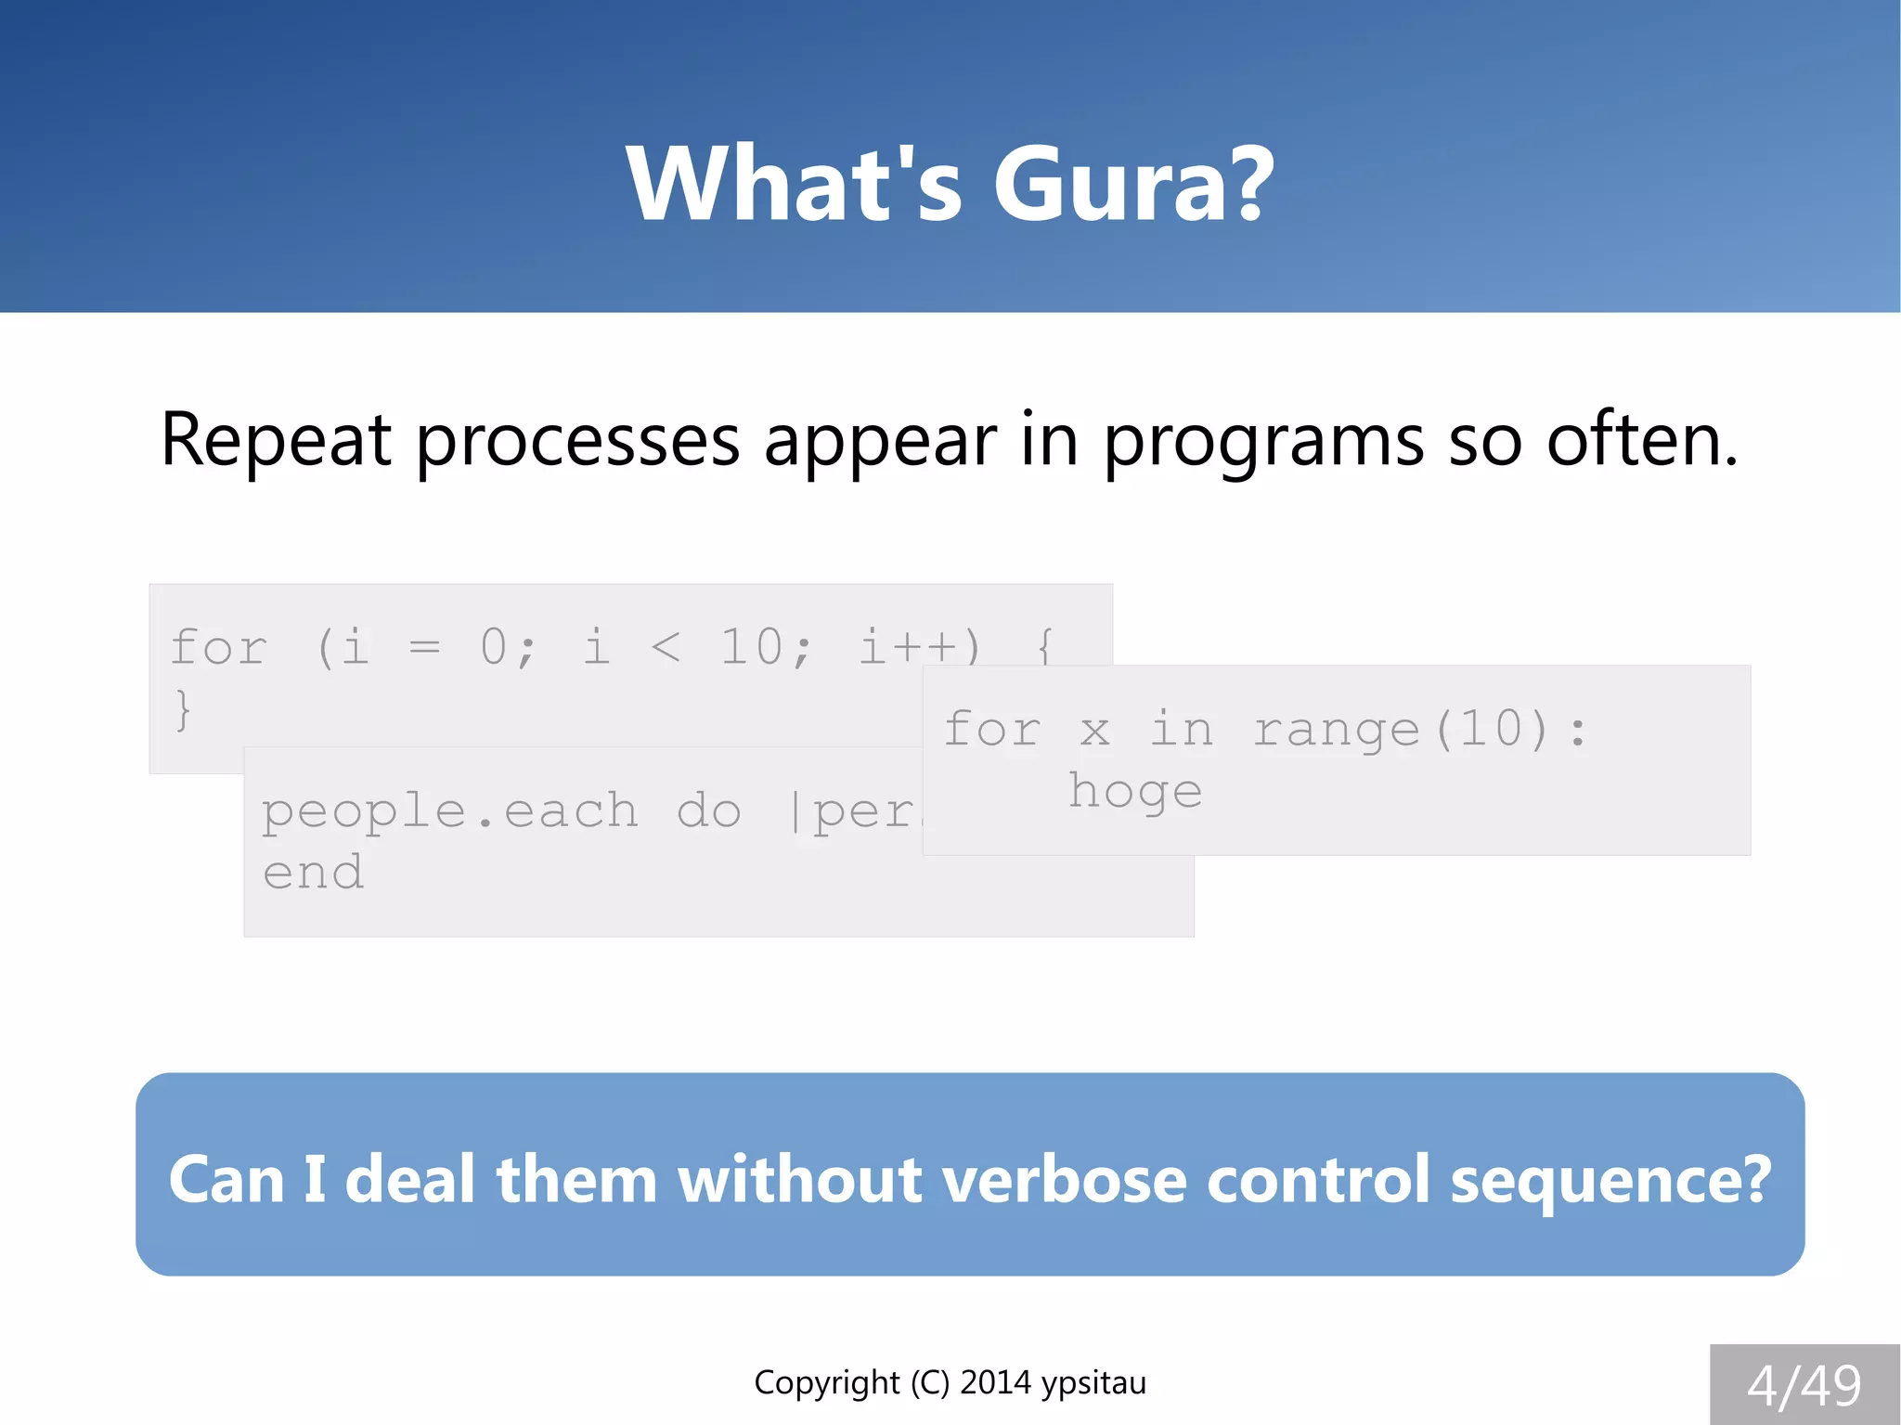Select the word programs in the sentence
tap(1263, 442)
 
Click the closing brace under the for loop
tap(183, 710)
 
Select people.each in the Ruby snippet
tap(450, 811)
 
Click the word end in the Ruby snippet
tap(313, 873)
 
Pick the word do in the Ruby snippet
tap(708, 811)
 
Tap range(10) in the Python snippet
tap(1402, 729)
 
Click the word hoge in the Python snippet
tap(1134, 791)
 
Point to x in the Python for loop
tap(1094, 730)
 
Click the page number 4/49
tap(1804, 1386)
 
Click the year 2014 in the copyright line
tap(995, 1382)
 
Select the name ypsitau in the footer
tap(1093, 1383)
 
